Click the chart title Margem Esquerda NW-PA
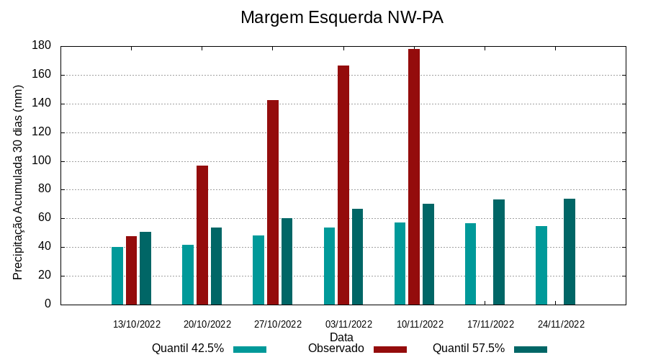pos(341,17)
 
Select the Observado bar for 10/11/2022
pos(414,176)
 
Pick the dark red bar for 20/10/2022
pos(202,235)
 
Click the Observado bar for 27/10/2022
pos(273,202)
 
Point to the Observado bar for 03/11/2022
pos(343,185)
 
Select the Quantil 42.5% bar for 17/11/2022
pos(470,264)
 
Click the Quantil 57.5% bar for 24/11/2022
pos(570,251)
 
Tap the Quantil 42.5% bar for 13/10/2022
pos(117,275)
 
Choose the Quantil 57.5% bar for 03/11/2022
pos(357,256)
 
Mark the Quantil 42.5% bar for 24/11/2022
pos(541,265)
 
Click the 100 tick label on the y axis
pos(42,161)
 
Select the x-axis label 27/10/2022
pos(278,324)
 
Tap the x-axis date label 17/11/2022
pos(490,324)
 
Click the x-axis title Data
pos(341,337)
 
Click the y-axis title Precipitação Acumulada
pos(19,182)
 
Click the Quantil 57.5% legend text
pos(469,348)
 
